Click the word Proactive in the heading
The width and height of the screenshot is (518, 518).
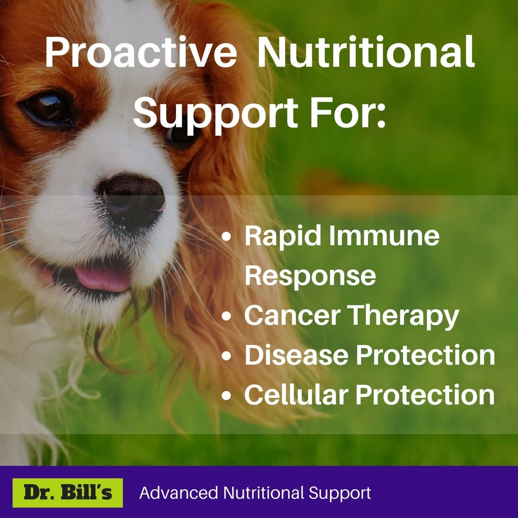[x=141, y=53]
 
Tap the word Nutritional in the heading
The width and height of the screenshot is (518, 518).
[x=365, y=52]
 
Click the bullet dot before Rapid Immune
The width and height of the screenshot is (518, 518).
[x=226, y=237]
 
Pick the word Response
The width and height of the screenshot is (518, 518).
[x=310, y=276]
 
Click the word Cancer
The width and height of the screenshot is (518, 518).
[x=293, y=316]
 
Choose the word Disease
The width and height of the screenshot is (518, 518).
[x=296, y=355]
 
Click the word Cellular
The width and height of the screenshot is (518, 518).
[x=296, y=394]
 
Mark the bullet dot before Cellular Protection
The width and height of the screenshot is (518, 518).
[x=226, y=395]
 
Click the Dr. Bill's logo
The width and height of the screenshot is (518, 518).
[x=68, y=493]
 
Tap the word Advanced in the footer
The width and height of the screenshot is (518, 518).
[x=179, y=493]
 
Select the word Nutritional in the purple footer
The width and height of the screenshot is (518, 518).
[x=263, y=493]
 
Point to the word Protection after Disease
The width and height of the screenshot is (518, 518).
[x=425, y=355]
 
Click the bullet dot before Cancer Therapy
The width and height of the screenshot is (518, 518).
[x=226, y=317]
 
